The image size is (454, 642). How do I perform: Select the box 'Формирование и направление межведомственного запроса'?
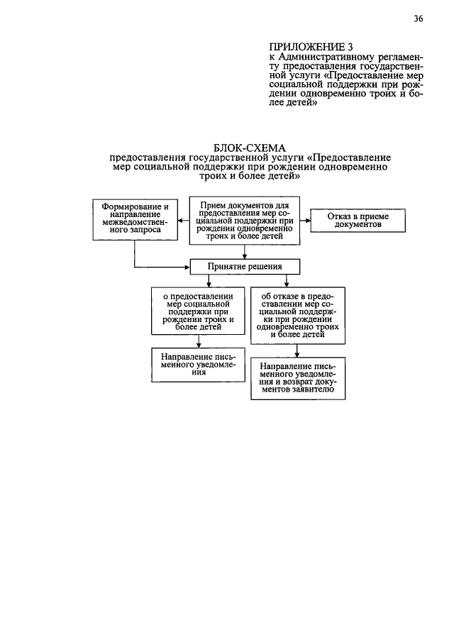(135, 219)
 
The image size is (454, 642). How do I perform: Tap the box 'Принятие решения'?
(245, 267)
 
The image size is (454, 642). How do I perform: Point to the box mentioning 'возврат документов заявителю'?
(297, 379)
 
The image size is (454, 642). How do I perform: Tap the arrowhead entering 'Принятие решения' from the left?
(187, 267)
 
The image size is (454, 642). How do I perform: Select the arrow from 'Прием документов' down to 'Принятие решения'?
(245, 253)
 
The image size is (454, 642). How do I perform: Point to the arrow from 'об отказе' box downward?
(297, 350)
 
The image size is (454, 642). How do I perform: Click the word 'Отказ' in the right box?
(340, 216)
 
